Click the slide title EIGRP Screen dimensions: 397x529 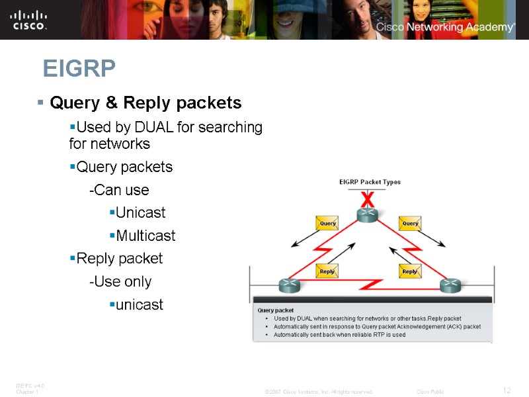[x=79, y=68]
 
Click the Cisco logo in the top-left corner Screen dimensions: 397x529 [x=28, y=19]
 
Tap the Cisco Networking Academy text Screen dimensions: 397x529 [x=444, y=27]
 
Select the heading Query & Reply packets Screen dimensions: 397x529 [x=145, y=103]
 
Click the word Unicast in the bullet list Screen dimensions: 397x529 [x=140, y=213]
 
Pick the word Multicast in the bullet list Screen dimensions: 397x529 [x=145, y=236]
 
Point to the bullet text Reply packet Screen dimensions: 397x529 [x=119, y=258]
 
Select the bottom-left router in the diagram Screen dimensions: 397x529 [x=289, y=285]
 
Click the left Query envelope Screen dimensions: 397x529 [x=327, y=224]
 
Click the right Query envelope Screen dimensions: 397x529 [x=410, y=224]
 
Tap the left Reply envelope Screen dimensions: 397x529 [x=327, y=271]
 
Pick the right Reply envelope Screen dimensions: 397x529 [x=410, y=271]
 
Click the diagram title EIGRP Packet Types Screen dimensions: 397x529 [x=370, y=182]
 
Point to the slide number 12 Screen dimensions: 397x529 [x=507, y=390]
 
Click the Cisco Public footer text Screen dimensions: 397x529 [x=430, y=392]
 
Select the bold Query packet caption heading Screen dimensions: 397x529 [x=275, y=310]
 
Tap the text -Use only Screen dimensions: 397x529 [x=120, y=282]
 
